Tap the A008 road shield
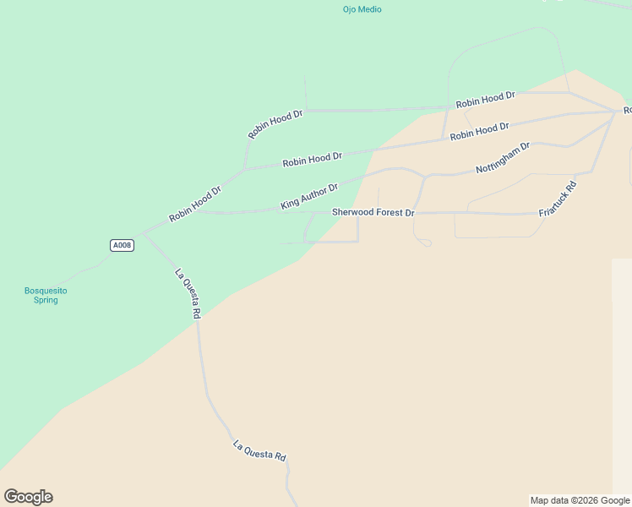pos(122,245)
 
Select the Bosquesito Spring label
pos(46,295)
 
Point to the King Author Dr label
pos(309,197)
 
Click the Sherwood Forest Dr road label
pos(373,213)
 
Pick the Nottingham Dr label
pos(503,158)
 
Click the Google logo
pos(28,497)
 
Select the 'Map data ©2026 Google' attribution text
pos(580,500)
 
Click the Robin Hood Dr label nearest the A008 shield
pos(194,204)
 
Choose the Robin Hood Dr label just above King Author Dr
pos(312,158)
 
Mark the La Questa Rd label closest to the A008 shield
pos(188,292)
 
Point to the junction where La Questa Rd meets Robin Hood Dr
pos(144,233)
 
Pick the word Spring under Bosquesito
pos(46,300)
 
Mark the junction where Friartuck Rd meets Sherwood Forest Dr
pos(539,214)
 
